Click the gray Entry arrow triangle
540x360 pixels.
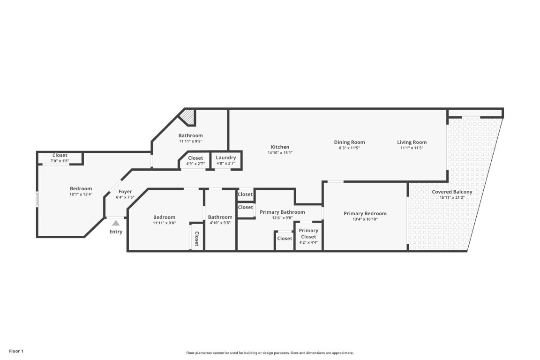(x=116, y=223)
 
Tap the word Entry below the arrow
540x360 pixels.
(x=116, y=232)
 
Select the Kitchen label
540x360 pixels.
(x=280, y=147)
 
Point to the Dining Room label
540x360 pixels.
(x=349, y=142)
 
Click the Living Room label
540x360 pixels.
(x=412, y=142)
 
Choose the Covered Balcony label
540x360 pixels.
(x=452, y=192)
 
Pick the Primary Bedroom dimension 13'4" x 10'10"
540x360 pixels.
(x=365, y=219)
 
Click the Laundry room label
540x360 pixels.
(x=226, y=158)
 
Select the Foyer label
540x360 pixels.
(x=125, y=192)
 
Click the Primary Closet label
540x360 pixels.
(x=308, y=233)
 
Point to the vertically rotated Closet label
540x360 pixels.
(x=197, y=239)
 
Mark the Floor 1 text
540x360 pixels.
(x=16, y=352)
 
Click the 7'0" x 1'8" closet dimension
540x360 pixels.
(x=60, y=161)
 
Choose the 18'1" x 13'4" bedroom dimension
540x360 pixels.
(x=81, y=194)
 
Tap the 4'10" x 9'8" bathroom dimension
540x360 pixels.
(x=220, y=223)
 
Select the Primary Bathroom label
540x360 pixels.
(x=282, y=212)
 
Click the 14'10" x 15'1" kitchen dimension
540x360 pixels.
(x=280, y=153)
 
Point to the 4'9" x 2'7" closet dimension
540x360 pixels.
(x=195, y=164)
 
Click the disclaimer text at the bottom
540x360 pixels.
(x=270, y=353)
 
